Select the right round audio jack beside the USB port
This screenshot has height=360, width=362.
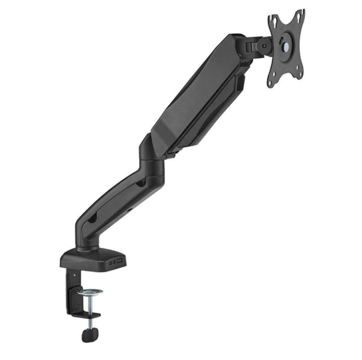[x=115, y=262]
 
